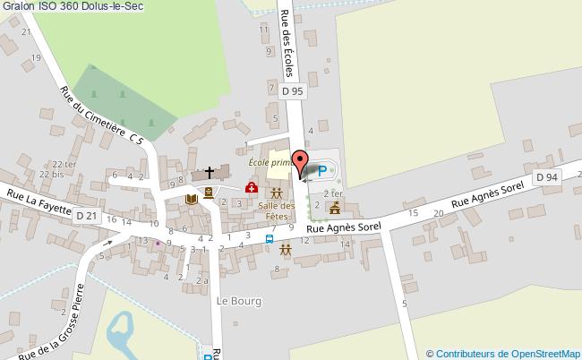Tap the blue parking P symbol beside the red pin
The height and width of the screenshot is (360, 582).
pos(322,170)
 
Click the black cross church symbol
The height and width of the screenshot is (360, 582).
pos(210,172)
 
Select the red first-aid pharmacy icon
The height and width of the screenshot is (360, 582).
pos(252,189)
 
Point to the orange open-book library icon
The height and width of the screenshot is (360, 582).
pos(190,198)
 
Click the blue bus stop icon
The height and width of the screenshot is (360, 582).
pos(270,239)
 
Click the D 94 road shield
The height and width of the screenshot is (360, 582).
pos(547,178)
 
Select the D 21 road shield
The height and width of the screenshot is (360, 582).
pos(86,216)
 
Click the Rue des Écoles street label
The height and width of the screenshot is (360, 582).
pos(288,42)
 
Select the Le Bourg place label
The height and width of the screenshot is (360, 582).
pos(240,301)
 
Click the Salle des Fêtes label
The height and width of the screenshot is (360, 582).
pos(277,211)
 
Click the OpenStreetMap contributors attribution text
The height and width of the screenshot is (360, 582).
pos(503,353)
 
